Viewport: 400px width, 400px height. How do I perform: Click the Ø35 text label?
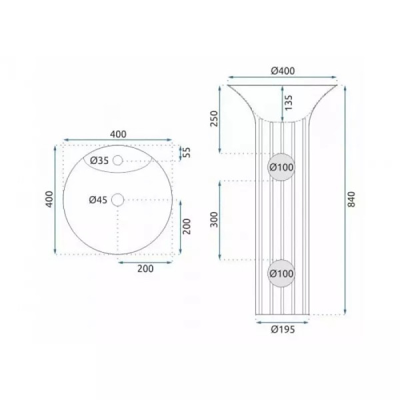tap(99, 160)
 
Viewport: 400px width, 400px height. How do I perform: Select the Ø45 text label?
tap(98, 199)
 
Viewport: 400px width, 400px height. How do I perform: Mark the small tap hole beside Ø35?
tap(118, 160)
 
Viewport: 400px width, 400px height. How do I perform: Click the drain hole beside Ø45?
tap(118, 199)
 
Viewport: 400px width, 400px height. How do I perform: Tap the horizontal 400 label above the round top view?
tap(118, 133)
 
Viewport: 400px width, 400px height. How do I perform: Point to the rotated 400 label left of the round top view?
tap(48, 199)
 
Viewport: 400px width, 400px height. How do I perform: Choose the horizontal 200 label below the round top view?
tap(145, 269)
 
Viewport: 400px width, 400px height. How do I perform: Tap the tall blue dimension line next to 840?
tap(345, 199)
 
